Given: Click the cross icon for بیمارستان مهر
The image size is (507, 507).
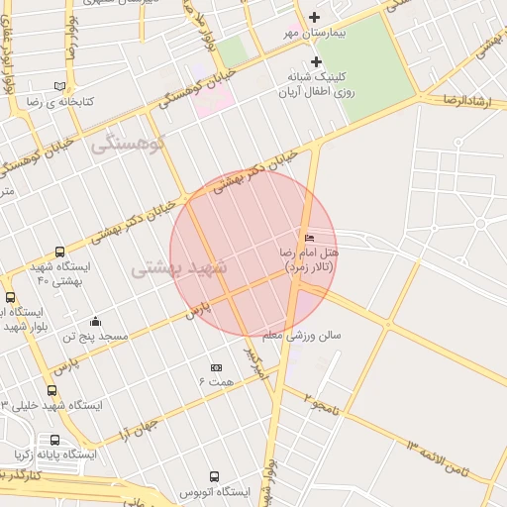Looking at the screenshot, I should (315, 16).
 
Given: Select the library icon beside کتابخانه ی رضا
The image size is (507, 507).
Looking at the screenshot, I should (60, 86).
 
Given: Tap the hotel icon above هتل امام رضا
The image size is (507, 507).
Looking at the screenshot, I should (310, 238).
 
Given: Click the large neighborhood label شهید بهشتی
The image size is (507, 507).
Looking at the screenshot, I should (179, 267).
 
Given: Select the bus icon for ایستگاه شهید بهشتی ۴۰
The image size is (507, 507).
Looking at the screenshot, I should (60, 253).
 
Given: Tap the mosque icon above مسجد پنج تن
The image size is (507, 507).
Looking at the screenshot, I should (95, 321).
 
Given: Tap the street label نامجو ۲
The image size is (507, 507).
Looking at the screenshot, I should (321, 403).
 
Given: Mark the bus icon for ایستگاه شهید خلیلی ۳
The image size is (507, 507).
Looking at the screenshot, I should (51, 390).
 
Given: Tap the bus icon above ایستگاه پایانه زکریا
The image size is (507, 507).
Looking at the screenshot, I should (54, 440).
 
